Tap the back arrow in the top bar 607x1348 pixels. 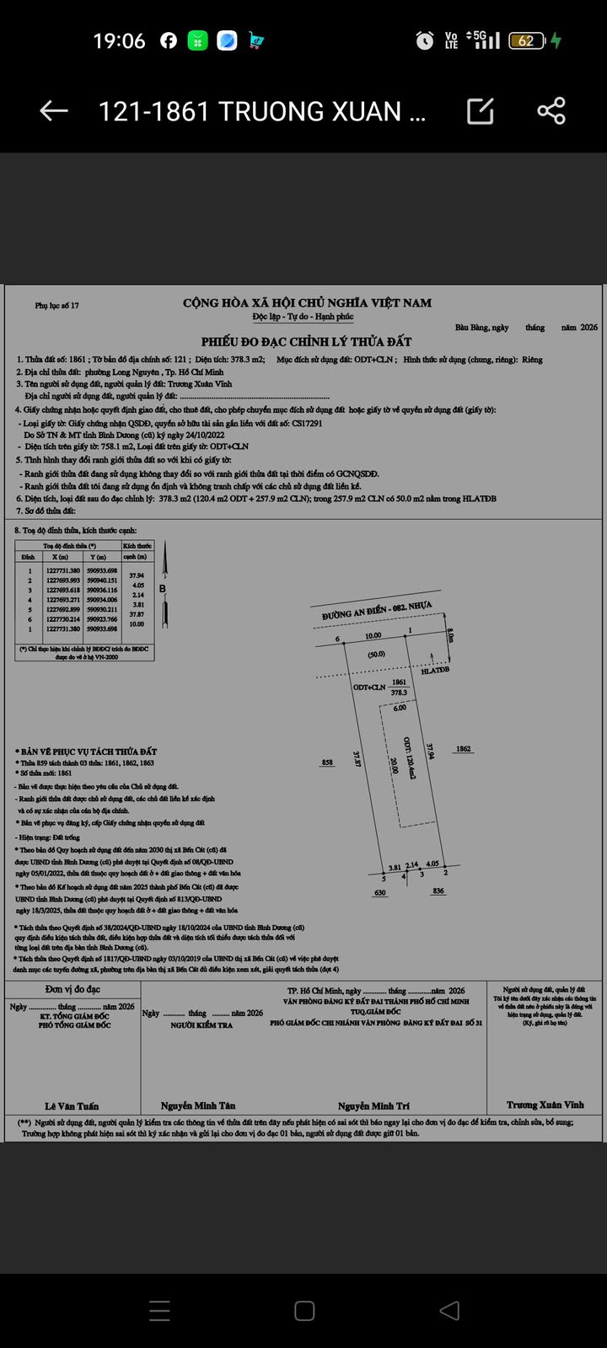tap(54, 110)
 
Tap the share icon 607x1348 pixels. tap(551, 110)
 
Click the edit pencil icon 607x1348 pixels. tap(480, 110)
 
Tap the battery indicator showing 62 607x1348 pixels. tap(526, 40)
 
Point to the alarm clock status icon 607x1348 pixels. tap(425, 40)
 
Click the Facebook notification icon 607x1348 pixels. tap(169, 40)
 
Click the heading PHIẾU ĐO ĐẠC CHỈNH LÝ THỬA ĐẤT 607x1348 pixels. tap(306, 341)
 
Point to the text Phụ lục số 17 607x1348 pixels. tap(56, 306)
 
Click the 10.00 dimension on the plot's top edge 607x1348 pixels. tap(373, 635)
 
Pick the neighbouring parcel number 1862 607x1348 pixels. tap(463, 748)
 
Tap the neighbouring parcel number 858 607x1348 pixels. tap(327, 762)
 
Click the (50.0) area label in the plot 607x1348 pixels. tap(376, 654)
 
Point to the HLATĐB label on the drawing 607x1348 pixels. tap(435, 671)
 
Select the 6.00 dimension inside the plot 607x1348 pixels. tap(399, 708)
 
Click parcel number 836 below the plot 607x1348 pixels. tap(438, 891)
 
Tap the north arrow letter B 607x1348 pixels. tap(163, 589)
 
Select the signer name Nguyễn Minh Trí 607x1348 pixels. tap(373, 1105)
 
